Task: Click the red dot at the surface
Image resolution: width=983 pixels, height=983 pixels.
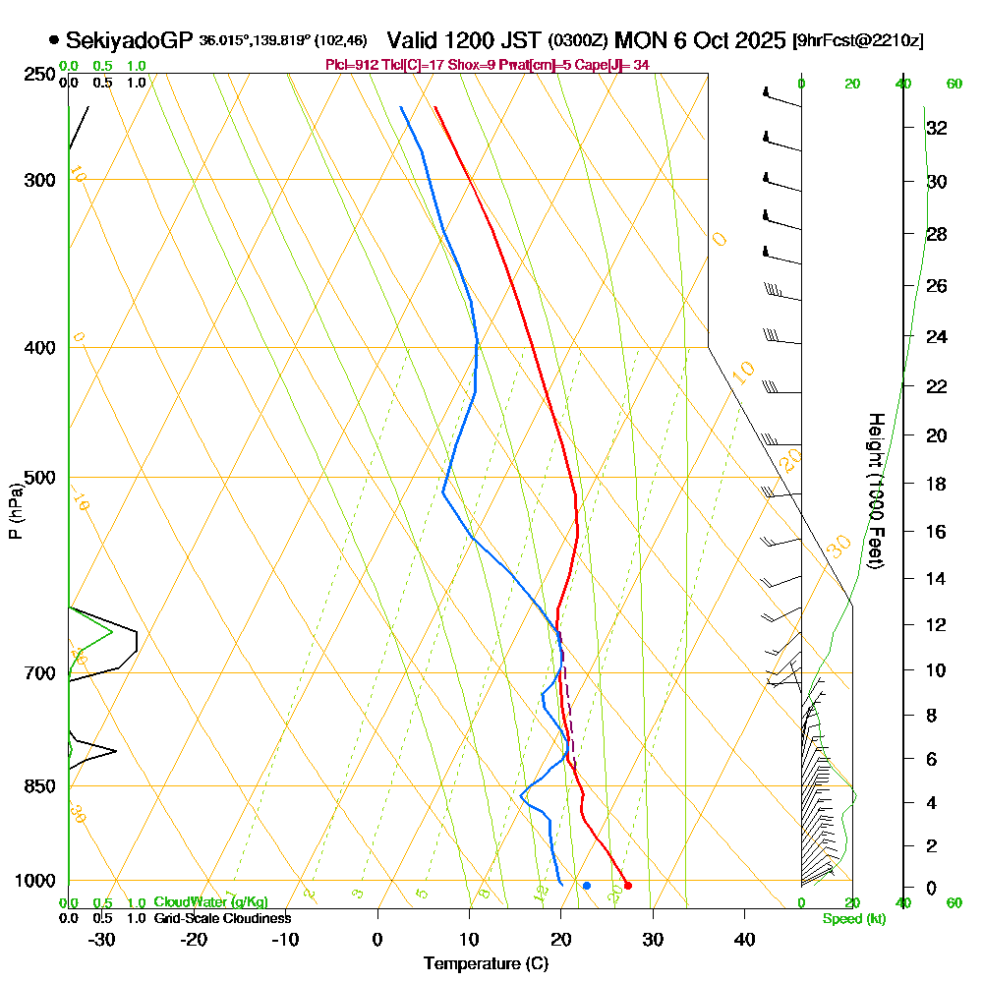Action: pos(628,886)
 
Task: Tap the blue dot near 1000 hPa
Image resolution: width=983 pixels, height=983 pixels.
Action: pos(587,886)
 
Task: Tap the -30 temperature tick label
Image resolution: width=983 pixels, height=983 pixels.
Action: pos(102,938)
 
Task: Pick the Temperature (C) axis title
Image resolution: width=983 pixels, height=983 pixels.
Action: pos(486,963)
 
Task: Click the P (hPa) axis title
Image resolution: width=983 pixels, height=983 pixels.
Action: pos(16,510)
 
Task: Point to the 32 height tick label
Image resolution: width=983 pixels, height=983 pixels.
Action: pos(936,128)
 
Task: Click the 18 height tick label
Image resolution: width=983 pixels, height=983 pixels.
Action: pos(936,484)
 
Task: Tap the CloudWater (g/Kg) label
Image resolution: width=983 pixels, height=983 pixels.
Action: pos(210,902)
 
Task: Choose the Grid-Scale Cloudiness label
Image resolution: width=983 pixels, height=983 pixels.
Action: pos(221,918)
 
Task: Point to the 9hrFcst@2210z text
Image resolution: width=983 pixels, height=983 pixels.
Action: pos(857,41)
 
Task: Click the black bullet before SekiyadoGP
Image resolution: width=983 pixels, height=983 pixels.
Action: pos(53,40)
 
